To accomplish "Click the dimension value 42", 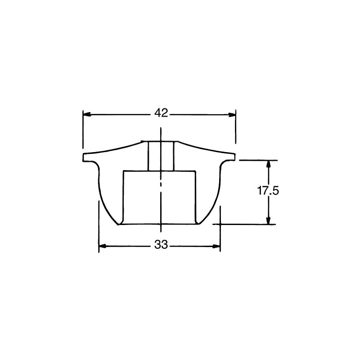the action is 161,113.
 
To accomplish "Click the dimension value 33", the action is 161,244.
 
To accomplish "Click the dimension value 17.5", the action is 268,190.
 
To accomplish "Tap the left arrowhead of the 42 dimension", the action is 86,114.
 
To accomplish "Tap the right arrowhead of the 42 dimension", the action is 232,114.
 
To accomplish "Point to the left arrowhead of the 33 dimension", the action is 103,246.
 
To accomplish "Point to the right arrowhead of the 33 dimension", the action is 216,246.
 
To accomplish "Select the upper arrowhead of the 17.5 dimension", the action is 268,164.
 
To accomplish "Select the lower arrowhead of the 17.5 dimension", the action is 268,220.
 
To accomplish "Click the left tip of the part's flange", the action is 83,157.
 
